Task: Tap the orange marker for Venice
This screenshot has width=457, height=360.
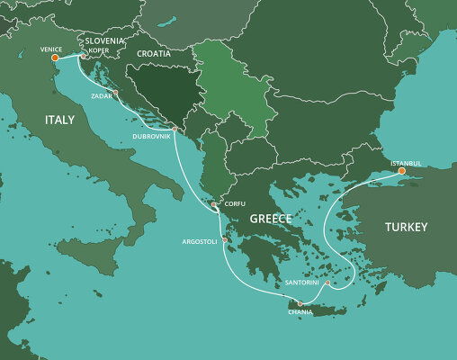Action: click(x=55, y=58)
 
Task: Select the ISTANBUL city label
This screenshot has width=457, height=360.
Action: click(x=406, y=163)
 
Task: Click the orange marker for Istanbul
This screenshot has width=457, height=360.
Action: click(x=401, y=171)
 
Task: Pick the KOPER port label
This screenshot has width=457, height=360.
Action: click(x=99, y=50)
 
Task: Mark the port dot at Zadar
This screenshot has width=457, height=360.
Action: click(x=116, y=92)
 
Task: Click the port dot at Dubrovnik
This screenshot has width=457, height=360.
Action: click(x=175, y=129)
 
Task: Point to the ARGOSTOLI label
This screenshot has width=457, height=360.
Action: click(x=200, y=241)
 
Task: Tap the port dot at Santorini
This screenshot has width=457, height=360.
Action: click(x=327, y=283)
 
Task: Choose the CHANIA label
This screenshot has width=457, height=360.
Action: click(x=300, y=311)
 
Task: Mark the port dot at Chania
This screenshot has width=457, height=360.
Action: click(x=300, y=303)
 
